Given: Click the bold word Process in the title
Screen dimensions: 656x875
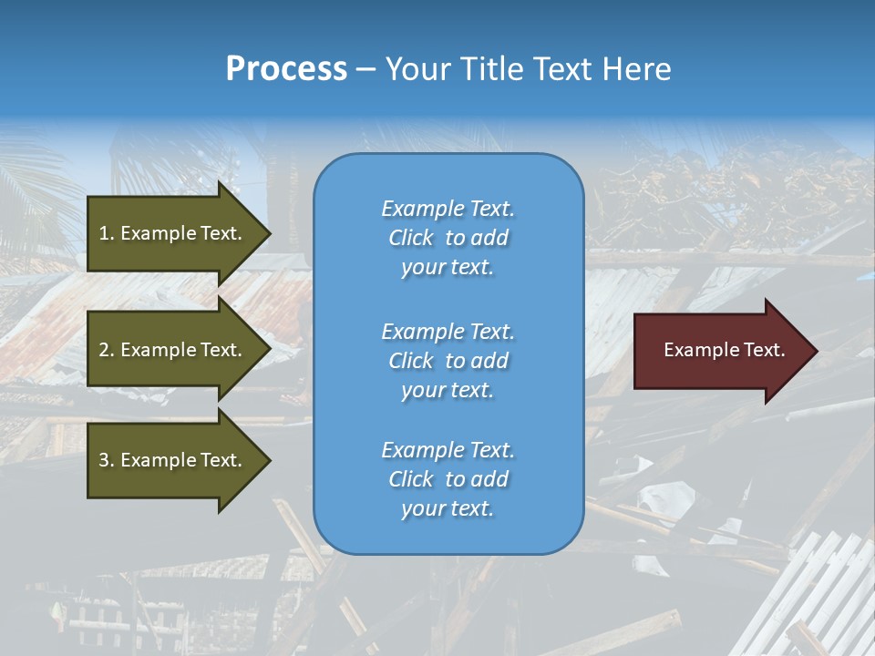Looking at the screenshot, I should [286, 69].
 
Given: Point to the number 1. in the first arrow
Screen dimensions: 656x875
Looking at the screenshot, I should [107, 233].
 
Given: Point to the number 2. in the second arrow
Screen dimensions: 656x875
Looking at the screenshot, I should [107, 350].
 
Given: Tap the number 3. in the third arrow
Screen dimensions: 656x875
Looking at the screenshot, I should [107, 460].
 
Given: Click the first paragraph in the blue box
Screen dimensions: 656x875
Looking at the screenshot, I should [448, 238].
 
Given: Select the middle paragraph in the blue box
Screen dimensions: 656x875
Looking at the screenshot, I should [448, 361].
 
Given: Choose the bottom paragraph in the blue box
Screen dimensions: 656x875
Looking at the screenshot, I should [448, 479].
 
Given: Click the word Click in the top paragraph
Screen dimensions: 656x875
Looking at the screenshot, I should [411, 238].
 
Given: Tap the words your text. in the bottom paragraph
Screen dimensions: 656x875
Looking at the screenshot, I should [448, 508].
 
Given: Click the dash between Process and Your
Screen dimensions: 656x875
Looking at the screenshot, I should [366, 69].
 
